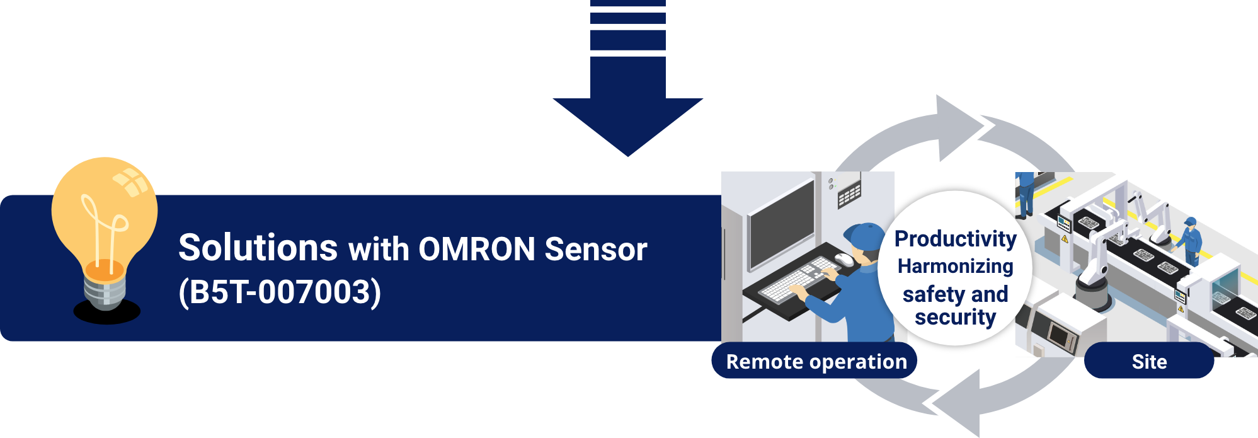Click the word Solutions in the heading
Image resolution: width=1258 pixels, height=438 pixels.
pyautogui.click(x=258, y=248)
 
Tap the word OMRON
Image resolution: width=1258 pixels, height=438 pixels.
pyautogui.click(x=477, y=250)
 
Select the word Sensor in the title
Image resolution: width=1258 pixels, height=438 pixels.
pyautogui.click(x=595, y=250)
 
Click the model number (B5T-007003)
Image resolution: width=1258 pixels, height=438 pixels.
pyautogui.click(x=280, y=292)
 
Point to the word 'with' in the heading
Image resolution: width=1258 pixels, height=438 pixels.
pyautogui.click(x=379, y=250)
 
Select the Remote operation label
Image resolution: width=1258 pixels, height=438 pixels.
pyautogui.click(x=816, y=362)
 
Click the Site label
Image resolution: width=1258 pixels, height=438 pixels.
pyautogui.click(x=1149, y=362)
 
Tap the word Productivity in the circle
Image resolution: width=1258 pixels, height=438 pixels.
pyautogui.click(x=955, y=239)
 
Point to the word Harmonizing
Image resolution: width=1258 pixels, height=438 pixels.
pyautogui.click(x=955, y=267)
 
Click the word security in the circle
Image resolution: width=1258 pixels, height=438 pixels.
pyautogui.click(x=955, y=318)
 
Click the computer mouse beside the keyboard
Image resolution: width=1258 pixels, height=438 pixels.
pyautogui.click(x=843, y=259)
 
